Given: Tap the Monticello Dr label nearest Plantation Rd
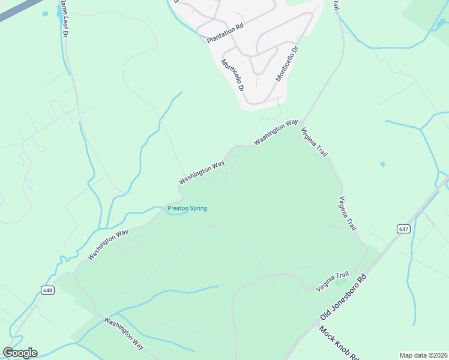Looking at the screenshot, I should (233, 75).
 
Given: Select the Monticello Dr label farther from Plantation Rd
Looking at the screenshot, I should (286, 64).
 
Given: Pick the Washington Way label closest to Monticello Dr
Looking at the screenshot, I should (276, 133).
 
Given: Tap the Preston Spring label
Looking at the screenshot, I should (187, 209).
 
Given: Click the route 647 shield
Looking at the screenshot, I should (403, 229).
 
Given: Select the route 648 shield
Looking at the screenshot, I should (48, 290).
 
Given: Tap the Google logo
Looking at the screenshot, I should (20, 353).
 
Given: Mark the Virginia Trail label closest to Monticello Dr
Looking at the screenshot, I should (315, 142).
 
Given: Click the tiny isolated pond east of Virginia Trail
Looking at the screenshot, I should (382, 164).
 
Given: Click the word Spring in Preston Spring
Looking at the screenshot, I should (197, 209).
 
